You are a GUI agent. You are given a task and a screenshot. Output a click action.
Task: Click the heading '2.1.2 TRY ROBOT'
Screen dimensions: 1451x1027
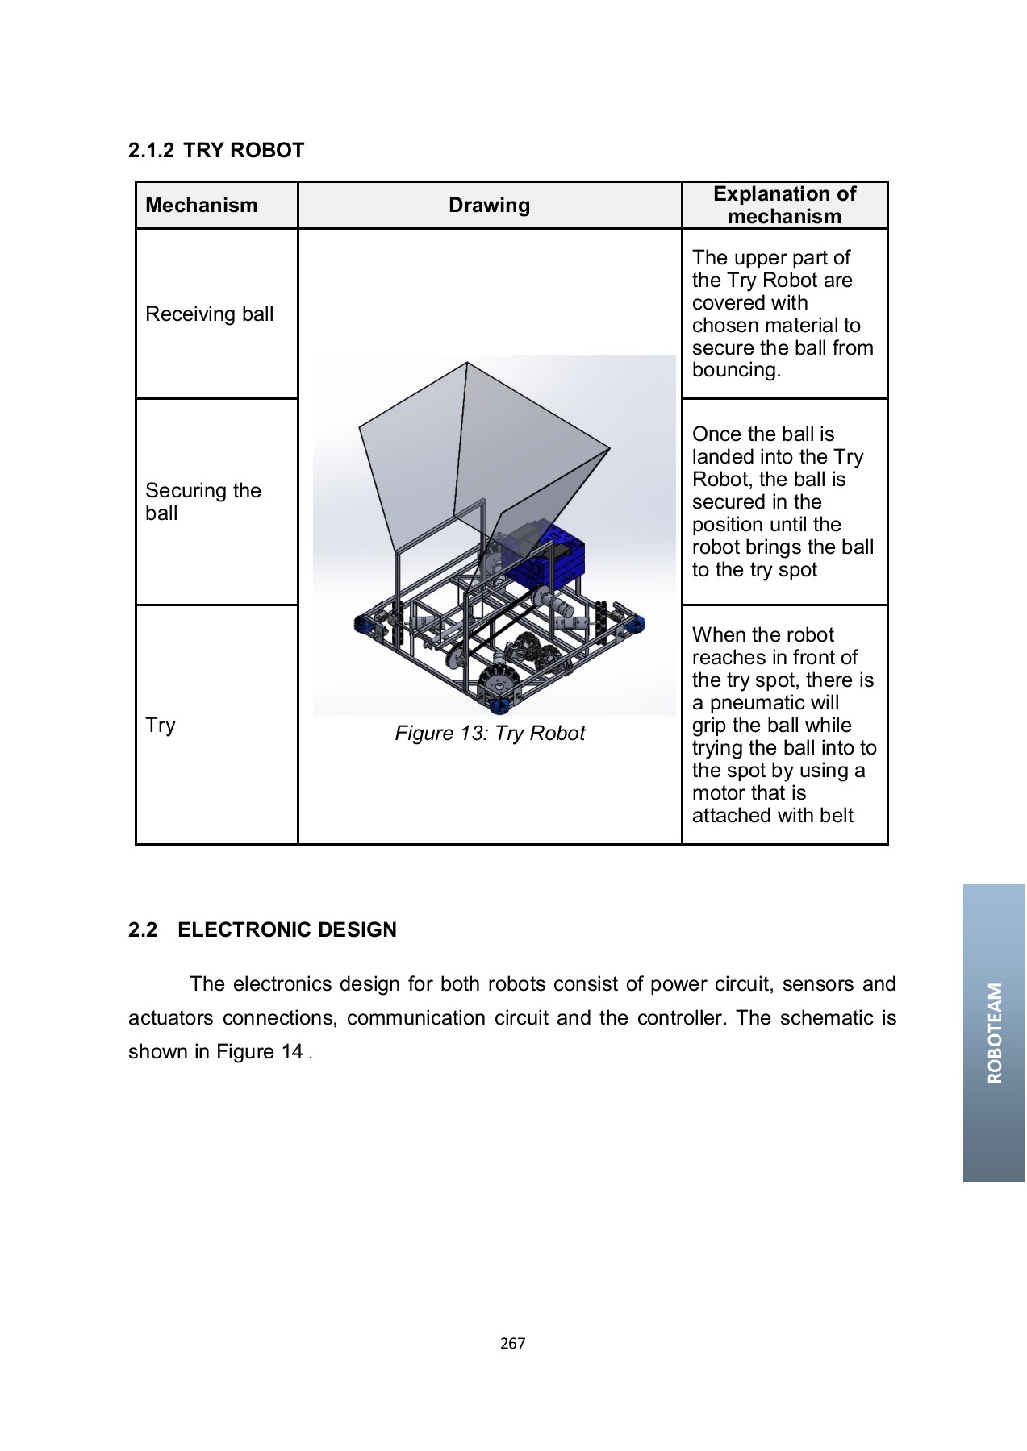216,151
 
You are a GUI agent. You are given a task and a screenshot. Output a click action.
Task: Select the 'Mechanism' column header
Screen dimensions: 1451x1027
201,206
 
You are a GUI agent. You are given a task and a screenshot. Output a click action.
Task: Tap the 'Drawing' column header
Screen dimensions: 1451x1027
489,206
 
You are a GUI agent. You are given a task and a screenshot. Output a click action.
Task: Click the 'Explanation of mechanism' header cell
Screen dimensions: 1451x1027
784,206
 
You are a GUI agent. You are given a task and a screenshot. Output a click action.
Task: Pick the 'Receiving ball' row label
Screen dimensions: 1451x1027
209,314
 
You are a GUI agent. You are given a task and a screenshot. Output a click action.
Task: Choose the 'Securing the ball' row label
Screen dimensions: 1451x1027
202,501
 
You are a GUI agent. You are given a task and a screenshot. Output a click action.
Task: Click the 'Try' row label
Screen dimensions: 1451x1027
161,725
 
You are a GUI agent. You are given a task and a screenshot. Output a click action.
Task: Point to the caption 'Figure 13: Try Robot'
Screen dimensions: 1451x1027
490,734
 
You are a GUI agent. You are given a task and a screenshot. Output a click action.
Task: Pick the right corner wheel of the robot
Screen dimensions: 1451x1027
634,624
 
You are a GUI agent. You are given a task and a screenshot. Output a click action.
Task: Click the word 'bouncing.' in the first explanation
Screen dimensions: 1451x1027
736,371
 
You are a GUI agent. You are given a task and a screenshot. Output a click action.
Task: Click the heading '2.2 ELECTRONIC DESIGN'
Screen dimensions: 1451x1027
262,930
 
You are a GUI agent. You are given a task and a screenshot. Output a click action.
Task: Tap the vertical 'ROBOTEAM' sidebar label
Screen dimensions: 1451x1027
994,1033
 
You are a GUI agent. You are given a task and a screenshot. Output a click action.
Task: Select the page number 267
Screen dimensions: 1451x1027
512,1344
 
